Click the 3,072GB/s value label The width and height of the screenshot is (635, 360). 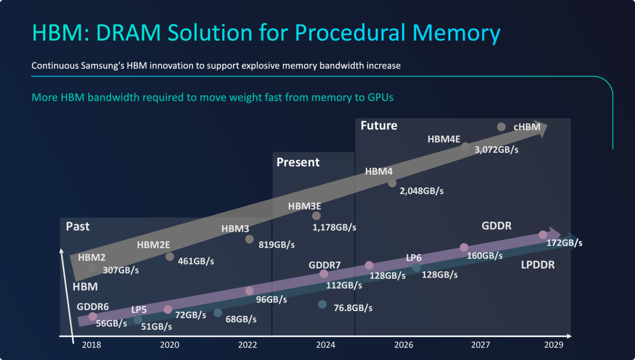tap(496, 150)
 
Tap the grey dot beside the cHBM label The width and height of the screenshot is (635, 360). tap(501, 127)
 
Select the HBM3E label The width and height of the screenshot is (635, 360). tap(305, 206)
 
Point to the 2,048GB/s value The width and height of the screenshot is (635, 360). tap(422, 191)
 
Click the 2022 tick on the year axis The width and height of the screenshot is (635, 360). tap(248, 345)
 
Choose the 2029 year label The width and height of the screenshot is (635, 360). tap(554, 345)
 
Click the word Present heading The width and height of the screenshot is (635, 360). tap(298, 162)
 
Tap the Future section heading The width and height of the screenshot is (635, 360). tap(379, 125)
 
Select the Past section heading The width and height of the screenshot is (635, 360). tap(78, 226)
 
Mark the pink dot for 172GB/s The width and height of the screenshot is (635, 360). tap(543, 235)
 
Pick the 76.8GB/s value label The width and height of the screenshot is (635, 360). tap(353, 308)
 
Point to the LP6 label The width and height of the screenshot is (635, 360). tap(414, 258)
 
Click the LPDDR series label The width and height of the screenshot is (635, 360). tap(537, 265)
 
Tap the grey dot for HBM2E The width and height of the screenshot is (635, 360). tap(170, 256)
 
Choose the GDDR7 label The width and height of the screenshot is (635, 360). tap(325, 265)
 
